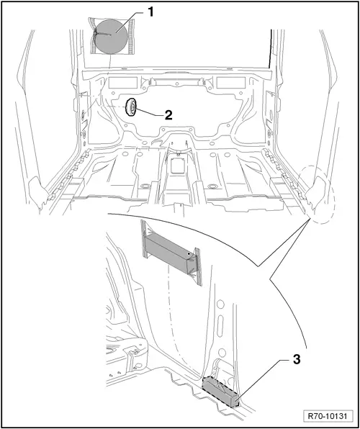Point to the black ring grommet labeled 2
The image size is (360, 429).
pos(132,108)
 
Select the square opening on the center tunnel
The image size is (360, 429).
pos(177,165)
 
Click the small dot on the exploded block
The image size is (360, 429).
pos(189,254)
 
